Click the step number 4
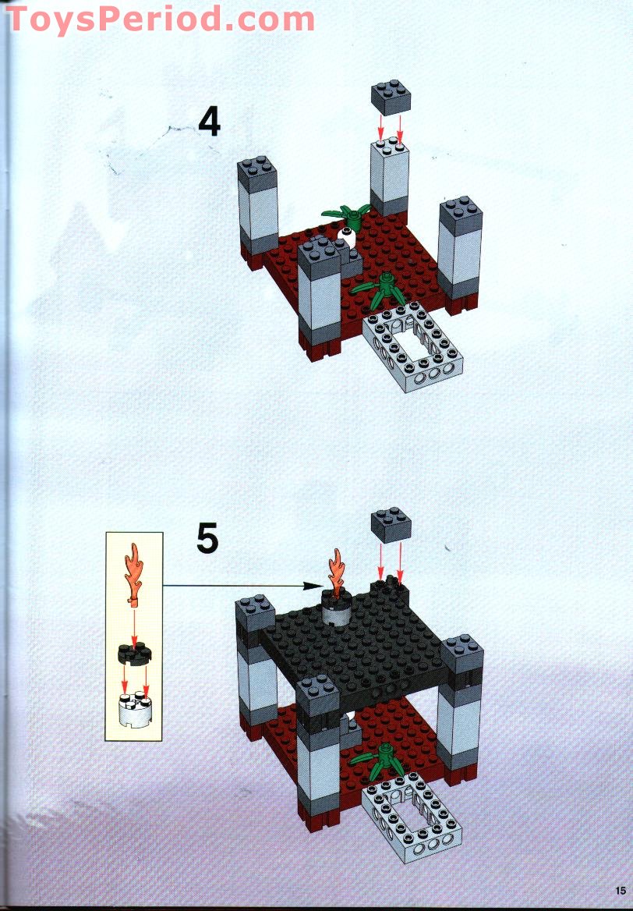[x=209, y=122]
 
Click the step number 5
[x=207, y=538]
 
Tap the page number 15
[x=620, y=890]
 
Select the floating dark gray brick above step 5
[x=391, y=524]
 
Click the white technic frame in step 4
[x=413, y=348]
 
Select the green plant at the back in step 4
[x=346, y=213]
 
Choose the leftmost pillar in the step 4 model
[x=258, y=211]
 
